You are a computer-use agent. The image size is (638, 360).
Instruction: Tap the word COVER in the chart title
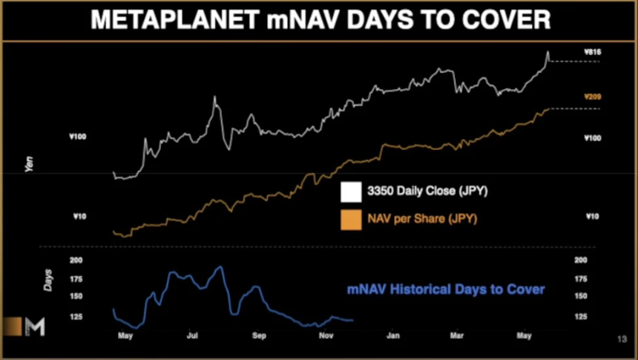tap(505, 20)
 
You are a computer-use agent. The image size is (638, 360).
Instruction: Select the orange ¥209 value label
tap(591, 97)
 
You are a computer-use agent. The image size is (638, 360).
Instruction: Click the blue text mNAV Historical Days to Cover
tap(446, 289)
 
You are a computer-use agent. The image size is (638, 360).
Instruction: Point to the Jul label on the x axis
tap(193, 336)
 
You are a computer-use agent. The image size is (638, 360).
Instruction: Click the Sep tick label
tap(258, 336)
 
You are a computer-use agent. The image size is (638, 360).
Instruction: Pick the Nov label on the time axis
tap(325, 336)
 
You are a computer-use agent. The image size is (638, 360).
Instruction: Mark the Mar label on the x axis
tap(457, 336)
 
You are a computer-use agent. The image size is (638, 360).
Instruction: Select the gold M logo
tap(34, 327)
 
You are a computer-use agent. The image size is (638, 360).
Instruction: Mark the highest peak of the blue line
tap(220, 266)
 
